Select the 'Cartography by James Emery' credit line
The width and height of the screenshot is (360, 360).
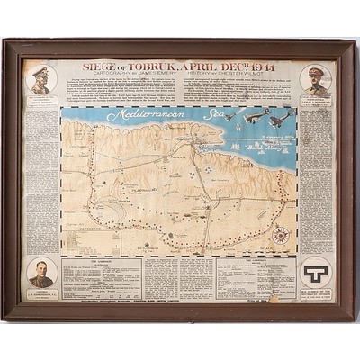coord(131,76)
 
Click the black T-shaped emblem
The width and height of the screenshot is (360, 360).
coord(316,269)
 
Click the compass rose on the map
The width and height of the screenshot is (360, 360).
coord(280,237)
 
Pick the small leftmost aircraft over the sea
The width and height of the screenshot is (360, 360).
coord(229,116)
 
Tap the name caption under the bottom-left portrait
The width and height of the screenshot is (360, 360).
coord(41,292)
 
